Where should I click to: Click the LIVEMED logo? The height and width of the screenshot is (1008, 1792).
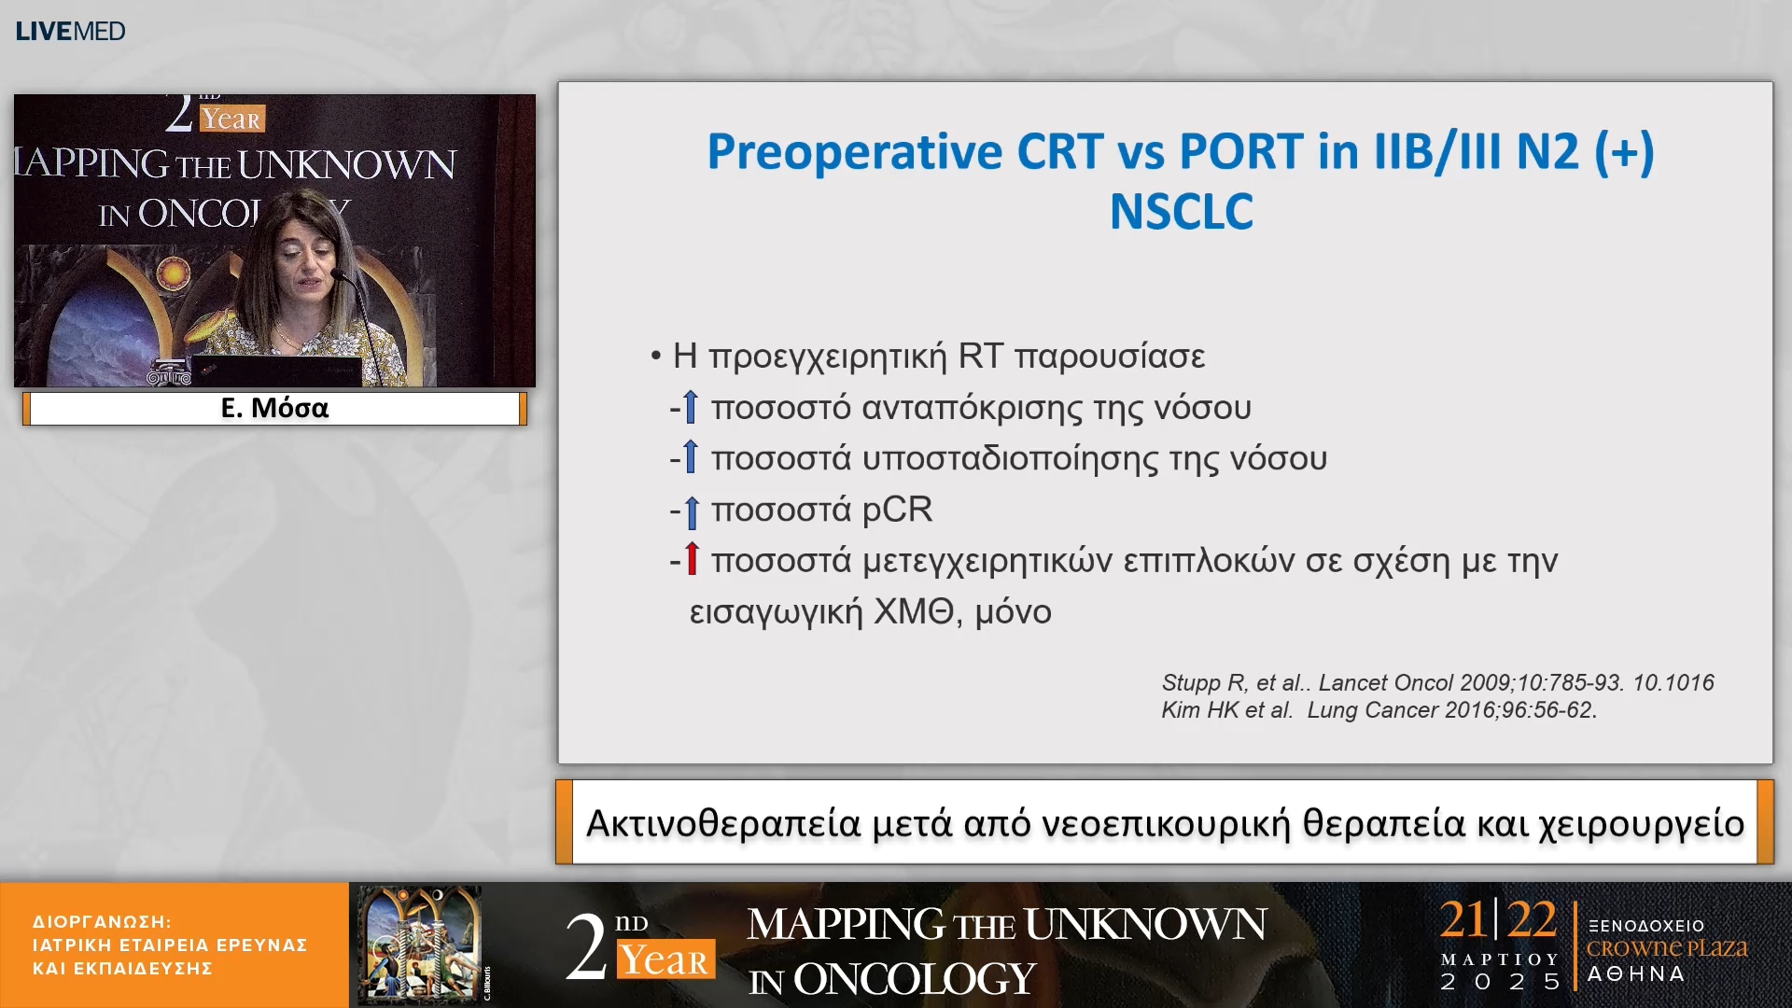click(70, 31)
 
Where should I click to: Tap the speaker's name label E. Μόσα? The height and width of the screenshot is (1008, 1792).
click(274, 408)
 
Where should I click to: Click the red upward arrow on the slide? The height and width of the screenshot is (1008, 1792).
click(692, 558)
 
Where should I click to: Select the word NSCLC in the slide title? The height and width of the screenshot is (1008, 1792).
click(1181, 211)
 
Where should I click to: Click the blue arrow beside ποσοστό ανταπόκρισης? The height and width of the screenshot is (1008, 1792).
click(691, 406)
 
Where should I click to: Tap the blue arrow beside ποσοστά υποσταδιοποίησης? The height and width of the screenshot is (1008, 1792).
click(691, 456)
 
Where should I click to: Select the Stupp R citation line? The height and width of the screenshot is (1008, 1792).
click(1437, 682)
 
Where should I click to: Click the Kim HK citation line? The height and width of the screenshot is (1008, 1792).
click(1379, 709)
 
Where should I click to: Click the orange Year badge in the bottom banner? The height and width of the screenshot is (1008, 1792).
click(665, 959)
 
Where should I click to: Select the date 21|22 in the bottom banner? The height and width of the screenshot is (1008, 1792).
click(1498, 919)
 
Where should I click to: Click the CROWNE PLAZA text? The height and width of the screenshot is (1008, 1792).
click(1667, 948)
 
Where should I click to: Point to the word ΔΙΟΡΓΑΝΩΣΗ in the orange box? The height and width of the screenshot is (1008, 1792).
click(101, 921)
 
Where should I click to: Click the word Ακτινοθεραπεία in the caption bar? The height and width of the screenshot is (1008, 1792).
click(723, 823)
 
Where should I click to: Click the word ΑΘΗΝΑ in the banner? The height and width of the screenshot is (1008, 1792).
click(1636, 973)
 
